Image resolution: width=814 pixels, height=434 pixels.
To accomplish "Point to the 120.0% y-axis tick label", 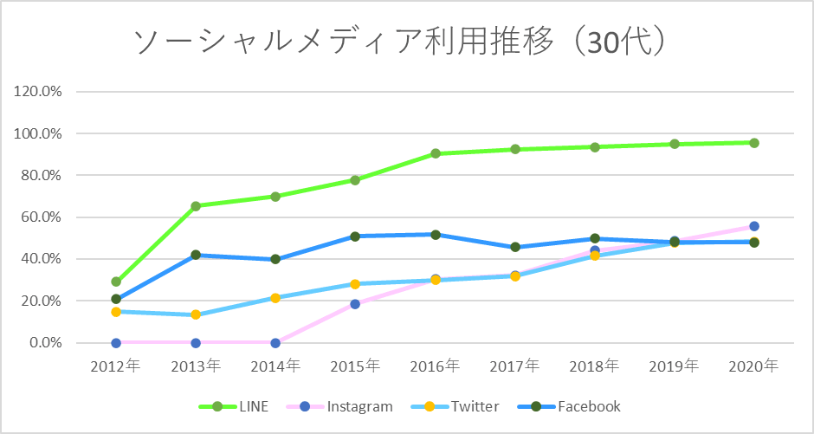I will (38, 92).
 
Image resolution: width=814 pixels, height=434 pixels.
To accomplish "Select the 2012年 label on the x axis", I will (115, 366).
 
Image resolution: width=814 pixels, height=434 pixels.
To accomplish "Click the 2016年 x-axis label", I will (435, 366).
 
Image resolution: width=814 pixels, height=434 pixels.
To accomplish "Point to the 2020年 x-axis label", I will (753, 366).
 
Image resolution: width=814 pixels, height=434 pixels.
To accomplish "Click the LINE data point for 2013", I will (196, 206).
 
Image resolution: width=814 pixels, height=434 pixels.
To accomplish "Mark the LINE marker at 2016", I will (435, 153).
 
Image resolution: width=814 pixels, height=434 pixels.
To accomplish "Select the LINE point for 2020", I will (754, 143).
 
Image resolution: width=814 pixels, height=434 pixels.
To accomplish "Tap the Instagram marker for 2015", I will (355, 304).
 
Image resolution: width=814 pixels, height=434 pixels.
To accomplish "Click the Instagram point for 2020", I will (754, 226).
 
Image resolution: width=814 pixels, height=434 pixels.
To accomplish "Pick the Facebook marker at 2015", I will (355, 236).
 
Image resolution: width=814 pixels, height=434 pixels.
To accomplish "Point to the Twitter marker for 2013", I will (196, 314).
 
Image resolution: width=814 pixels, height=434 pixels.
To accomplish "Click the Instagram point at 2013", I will (196, 343).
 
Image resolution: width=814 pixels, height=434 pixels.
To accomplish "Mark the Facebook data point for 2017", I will (515, 247).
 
